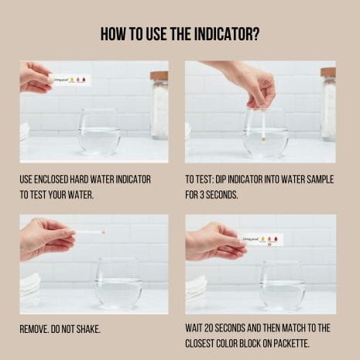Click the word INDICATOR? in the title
point(227,34)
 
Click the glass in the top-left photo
point(99,132)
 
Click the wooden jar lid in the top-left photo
point(159,75)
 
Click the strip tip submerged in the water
point(264,141)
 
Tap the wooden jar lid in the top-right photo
point(328,72)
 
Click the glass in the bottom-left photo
point(118,283)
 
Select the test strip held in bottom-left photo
point(90,232)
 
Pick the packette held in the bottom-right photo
point(262,240)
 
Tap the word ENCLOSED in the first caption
point(52,180)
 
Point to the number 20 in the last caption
point(208,328)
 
